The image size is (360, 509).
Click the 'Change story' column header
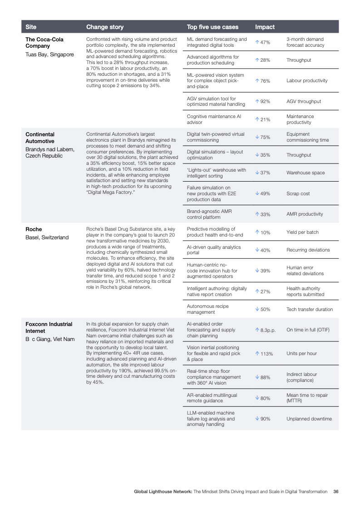[x=104, y=27]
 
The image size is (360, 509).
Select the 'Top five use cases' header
[x=212, y=27]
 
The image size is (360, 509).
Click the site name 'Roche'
[x=34, y=229]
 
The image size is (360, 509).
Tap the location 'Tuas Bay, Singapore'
[x=49, y=54]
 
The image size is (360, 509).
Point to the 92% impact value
[x=263, y=102]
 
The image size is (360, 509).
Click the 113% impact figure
[x=264, y=354]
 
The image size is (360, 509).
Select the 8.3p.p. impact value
[x=266, y=330]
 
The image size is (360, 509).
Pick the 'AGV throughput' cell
[x=304, y=102]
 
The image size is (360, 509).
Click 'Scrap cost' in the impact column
[x=298, y=193]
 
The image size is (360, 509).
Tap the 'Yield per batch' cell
[x=302, y=232]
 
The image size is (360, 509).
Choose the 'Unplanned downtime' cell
[x=309, y=419]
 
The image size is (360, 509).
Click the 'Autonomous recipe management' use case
[x=208, y=309]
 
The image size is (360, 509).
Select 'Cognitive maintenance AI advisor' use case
[x=214, y=119]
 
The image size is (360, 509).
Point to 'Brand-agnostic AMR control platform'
[x=209, y=214]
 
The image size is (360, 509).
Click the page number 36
[x=335, y=492]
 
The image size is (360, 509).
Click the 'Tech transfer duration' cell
[x=310, y=309]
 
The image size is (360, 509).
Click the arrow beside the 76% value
[x=257, y=81]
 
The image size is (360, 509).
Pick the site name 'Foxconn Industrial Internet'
[x=49, y=327]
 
